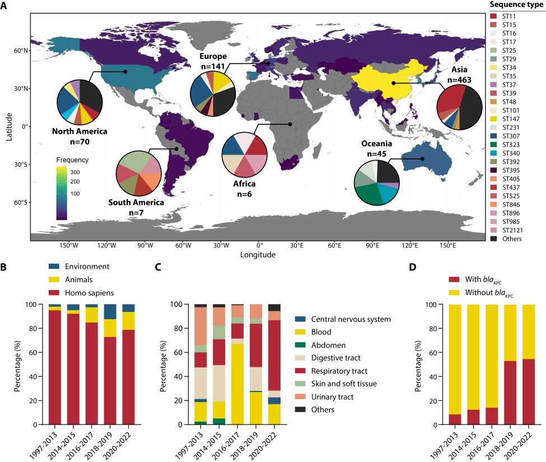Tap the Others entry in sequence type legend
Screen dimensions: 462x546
pyautogui.click(x=511, y=239)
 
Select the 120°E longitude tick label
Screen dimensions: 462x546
pyautogui.click(x=409, y=246)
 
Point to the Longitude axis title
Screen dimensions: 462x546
pyautogui.click(x=259, y=255)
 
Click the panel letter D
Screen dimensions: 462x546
pyautogui.click(x=412, y=267)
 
